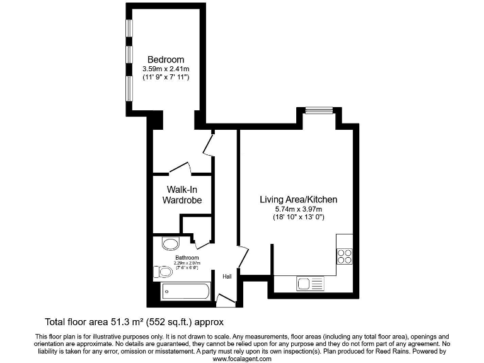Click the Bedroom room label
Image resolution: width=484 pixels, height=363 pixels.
click(x=166, y=60)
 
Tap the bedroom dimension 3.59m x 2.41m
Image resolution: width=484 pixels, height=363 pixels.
click(x=166, y=69)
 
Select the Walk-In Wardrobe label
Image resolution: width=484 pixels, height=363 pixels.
click(x=182, y=195)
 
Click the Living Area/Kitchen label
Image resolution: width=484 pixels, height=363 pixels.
click(x=298, y=200)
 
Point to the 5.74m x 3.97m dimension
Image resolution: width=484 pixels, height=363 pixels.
click(x=298, y=209)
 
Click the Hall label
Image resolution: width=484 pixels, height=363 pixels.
click(x=227, y=275)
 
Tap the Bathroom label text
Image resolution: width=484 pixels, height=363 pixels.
click(x=187, y=258)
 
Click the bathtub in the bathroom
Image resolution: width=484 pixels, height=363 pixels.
click(x=185, y=291)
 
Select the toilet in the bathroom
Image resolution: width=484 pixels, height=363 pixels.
click(x=163, y=272)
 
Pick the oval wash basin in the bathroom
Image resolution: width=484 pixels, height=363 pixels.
click(x=170, y=245)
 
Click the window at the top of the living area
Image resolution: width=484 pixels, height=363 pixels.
click(x=319, y=110)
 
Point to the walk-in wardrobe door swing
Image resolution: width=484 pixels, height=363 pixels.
click(x=180, y=168)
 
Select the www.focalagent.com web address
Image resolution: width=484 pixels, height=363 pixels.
click(x=242, y=359)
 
